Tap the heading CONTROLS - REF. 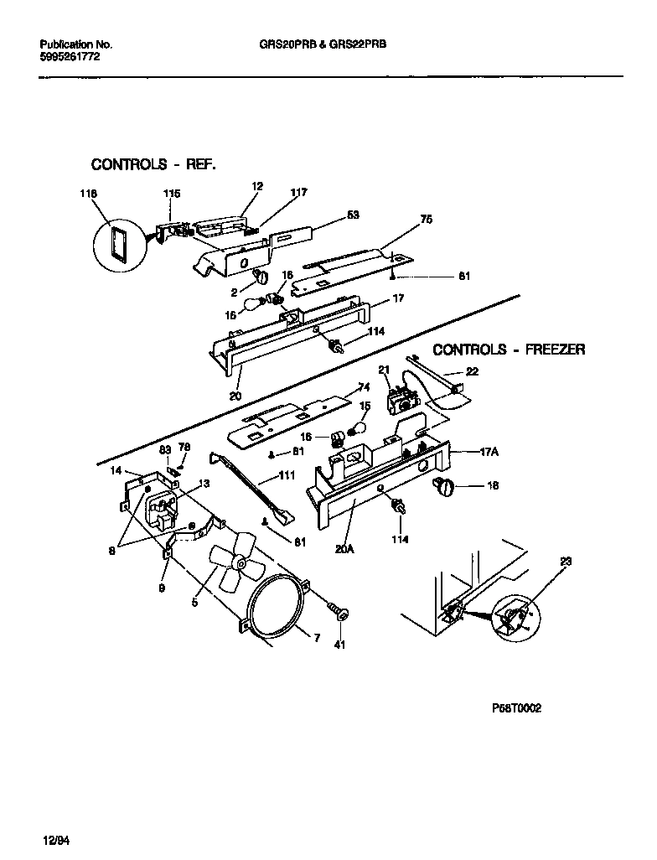coord(153,164)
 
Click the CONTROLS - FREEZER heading coord(509,349)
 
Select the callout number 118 coord(88,194)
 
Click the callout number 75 coord(426,221)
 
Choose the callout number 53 coord(353,215)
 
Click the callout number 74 coord(363,387)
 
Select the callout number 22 coord(472,371)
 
